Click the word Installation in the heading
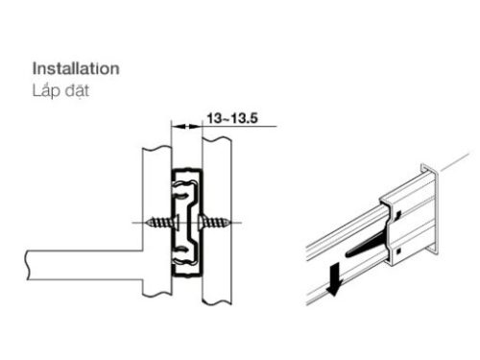click(76, 69)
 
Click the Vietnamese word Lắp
click(46, 90)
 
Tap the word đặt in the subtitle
click(77, 90)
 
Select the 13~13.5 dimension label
click(232, 118)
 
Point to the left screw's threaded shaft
click(161, 223)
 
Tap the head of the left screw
click(176, 223)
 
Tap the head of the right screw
click(202, 223)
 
